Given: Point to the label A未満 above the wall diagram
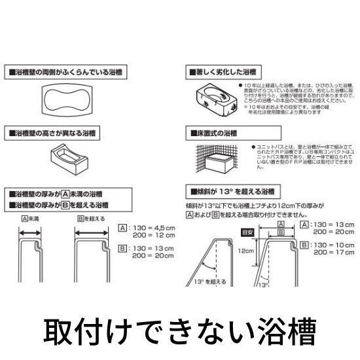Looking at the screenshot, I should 30,219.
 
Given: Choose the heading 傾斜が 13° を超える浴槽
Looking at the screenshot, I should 230,192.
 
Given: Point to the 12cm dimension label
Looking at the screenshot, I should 244,250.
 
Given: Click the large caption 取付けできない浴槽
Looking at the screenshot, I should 179,332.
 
